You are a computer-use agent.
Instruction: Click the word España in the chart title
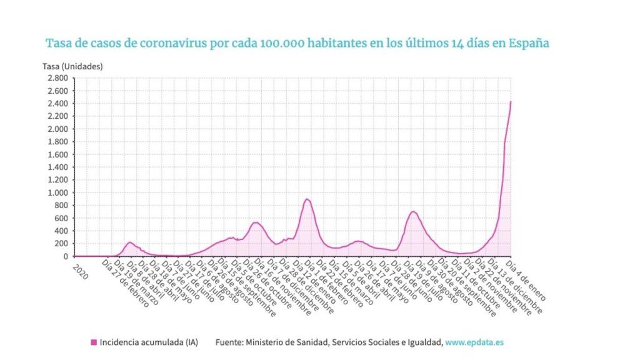tap(528, 44)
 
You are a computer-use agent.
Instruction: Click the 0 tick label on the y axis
tap(65, 256)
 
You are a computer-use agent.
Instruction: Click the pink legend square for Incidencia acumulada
tap(94, 342)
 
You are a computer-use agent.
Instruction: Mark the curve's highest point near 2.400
tap(511, 102)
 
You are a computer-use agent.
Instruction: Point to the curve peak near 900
tap(307, 199)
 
